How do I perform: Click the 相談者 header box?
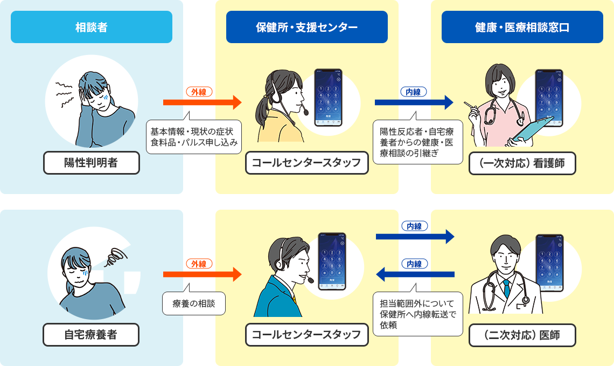(91, 27)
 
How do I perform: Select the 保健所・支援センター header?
(306, 27)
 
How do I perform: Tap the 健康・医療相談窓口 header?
(522, 27)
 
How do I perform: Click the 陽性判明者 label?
(91, 163)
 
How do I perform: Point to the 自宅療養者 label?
(91, 335)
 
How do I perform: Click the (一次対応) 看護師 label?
(522, 163)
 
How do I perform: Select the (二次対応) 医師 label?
(522, 335)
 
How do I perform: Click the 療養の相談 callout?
(194, 303)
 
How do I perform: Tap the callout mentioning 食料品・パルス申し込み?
(194, 137)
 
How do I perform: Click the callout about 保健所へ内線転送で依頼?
(418, 314)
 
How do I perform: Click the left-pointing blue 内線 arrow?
(415, 275)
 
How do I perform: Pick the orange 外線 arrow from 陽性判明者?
(202, 101)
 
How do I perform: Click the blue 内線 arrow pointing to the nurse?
(415, 101)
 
